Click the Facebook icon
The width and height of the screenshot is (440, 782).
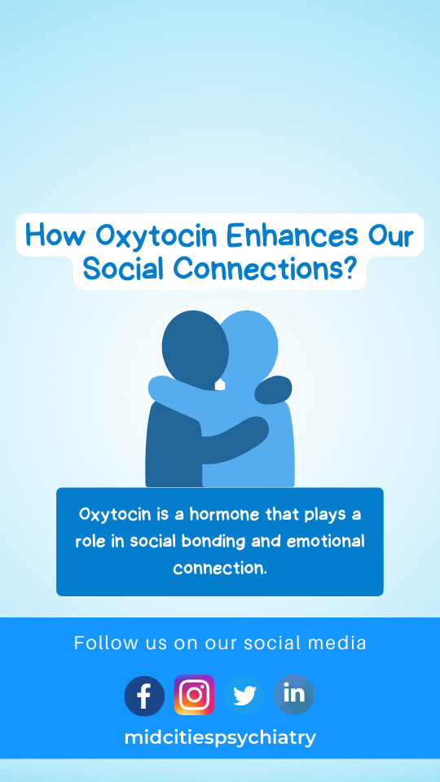[x=144, y=696]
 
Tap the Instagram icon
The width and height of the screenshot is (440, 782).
[x=194, y=695]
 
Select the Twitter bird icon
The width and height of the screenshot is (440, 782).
[x=244, y=695]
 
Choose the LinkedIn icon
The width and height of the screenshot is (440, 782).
[x=294, y=695]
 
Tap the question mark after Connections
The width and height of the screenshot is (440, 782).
[x=350, y=268]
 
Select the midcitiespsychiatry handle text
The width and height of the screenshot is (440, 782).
[x=220, y=737]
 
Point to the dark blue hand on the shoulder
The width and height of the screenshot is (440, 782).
[x=273, y=389]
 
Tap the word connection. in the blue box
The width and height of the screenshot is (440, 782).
[x=220, y=568]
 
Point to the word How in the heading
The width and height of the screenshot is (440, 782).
[x=55, y=235]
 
